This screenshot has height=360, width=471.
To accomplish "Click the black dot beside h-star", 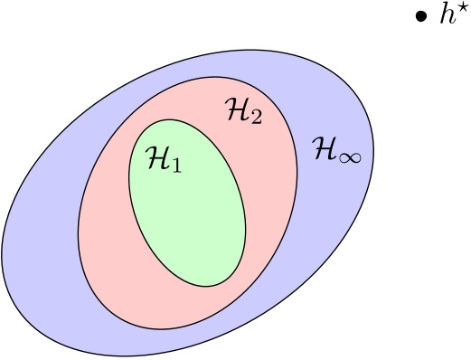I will click(420, 20).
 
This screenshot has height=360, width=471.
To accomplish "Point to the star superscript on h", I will click(457, 11).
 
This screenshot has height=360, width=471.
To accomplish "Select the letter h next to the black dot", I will click(444, 19).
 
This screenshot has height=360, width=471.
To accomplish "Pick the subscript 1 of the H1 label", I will click(178, 166).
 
